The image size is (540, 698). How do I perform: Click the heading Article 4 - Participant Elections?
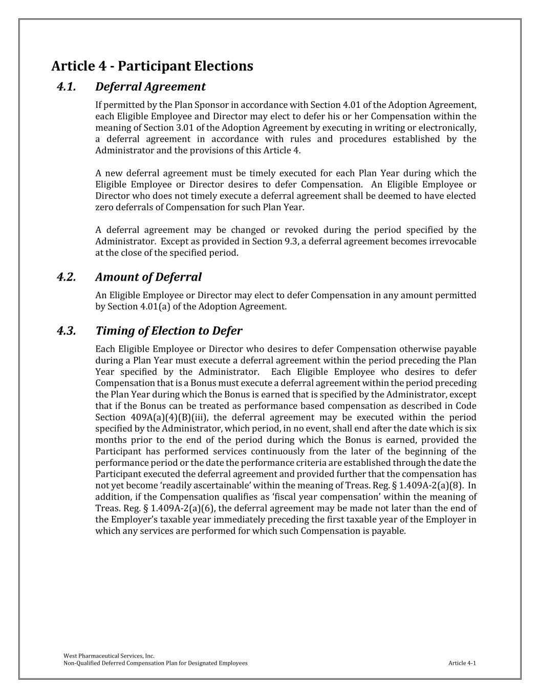click(x=152, y=66)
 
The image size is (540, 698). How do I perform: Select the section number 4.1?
click(x=67, y=87)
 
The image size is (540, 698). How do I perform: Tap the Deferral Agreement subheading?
click(x=150, y=87)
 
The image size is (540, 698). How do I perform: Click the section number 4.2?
click(x=67, y=277)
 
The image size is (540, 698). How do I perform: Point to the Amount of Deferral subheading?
click(x=148, y=277)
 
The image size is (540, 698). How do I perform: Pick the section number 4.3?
click(x=67, y=331)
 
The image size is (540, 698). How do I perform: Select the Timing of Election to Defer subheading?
click(x=168, y=331)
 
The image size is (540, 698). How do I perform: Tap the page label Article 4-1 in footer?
click(x=462, y=663)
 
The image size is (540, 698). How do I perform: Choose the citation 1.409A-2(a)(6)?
click(x=184, y=508)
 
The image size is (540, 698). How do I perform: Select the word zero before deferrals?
click(x=104, y=207)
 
